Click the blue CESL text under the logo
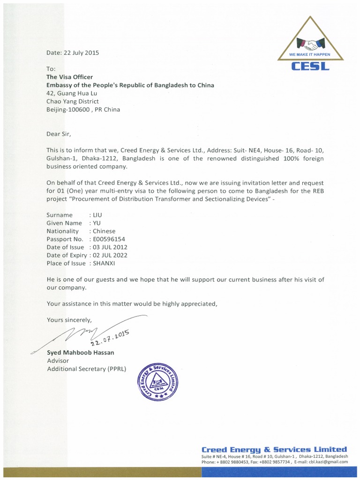point(310,67)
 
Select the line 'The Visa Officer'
point(69,77)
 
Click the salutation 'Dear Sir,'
point(59,134)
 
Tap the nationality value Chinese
point(105,231)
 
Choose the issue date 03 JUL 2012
point(111,247)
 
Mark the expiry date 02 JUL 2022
point(111,255)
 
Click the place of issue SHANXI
point(106,263)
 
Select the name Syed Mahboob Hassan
point(81,352)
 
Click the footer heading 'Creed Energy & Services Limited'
point(274,449)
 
